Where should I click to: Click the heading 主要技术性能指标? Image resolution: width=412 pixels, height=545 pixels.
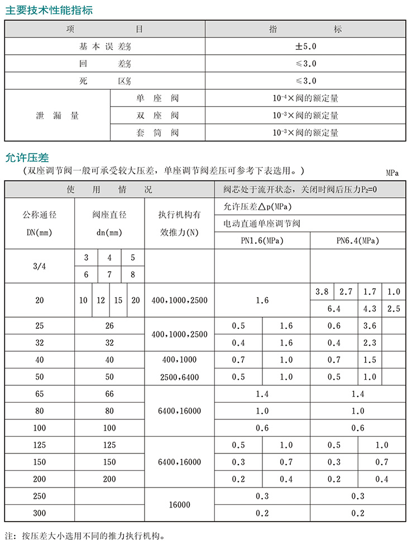[x=49, y=10]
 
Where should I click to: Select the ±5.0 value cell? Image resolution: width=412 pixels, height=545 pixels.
[x=305, y=46]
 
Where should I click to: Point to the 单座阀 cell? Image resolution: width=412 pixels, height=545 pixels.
[x=157, y=98]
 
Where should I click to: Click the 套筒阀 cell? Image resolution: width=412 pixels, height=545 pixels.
[x=157, y=133]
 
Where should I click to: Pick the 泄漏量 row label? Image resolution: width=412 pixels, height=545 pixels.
[x=58, y=116]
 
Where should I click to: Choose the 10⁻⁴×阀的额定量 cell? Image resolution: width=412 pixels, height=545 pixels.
[x=305, y=98]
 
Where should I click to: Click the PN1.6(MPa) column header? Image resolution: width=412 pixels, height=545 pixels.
[x=262, y=241]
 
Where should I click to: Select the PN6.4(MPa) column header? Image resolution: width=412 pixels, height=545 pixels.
[x=357, y=241]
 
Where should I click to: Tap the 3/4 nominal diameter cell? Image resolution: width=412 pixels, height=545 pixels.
[x=40, y=266]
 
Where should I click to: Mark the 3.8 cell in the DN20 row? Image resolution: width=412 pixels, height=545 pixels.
[x=322, y=291]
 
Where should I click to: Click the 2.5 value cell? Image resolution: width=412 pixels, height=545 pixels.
[x=394, y=308]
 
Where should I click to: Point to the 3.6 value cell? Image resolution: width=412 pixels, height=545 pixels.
[x=370, y=326]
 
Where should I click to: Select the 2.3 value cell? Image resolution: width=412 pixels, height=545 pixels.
[x=370, y=343]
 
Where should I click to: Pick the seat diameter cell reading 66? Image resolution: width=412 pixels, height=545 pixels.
[x=109, y=394]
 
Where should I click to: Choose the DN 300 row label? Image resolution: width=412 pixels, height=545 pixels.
[x=40, y=513]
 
